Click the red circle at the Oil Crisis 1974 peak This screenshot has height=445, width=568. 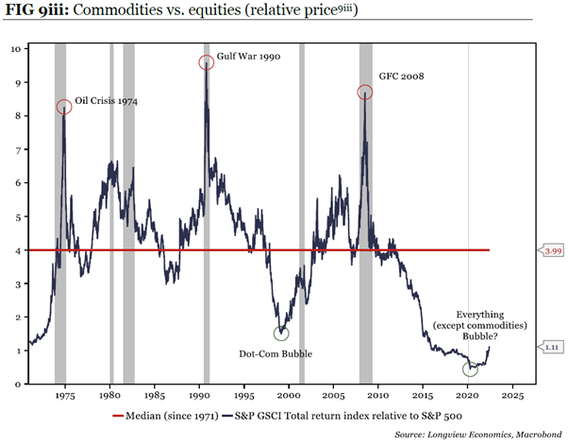(63, 107)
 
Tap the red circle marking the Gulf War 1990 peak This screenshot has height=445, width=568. (207, 62)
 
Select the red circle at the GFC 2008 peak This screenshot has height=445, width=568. (365, 92)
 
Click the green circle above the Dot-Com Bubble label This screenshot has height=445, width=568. (280, 333)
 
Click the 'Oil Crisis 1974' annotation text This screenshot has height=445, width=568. (107, 99)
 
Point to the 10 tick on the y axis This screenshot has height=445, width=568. (16, 48)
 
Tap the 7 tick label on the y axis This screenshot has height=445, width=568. (18, 149)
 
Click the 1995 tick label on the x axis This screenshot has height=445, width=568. (244, 396)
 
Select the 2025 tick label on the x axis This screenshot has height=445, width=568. (513, 396)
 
